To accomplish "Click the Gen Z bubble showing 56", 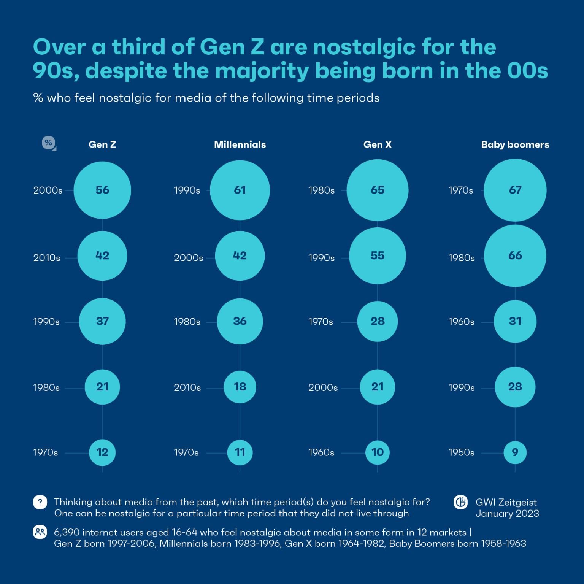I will (x=102, y=190).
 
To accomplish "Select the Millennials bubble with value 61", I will (x=240, y=190).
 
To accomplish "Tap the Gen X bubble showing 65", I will (x=378, y=190).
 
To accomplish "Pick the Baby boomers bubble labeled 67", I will (x=515, y=190).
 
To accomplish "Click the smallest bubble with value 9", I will (x=515, y=452).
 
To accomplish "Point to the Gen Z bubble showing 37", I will (x=102, y=322).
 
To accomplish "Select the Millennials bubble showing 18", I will (x=240, y=387).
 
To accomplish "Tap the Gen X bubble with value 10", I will (x=378, y=452).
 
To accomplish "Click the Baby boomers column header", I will (x=515, y=145).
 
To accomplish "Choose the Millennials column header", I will (x=240, y=145).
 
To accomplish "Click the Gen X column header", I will (x=378, y=145).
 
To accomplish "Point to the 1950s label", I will (x=462, y=453).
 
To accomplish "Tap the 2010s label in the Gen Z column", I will (x=47, y=258).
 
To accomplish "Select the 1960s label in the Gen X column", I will (x=321, y=453).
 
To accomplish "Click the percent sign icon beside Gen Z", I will (x=49, y=143).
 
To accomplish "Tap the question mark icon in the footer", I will (x=40, y=502).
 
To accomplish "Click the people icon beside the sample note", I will (x=40, y=532).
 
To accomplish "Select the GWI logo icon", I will (x=461, y=502).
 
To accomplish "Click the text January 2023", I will (x=507, y=514).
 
